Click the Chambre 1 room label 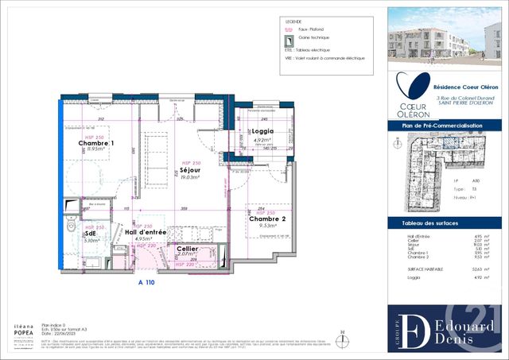pyautogui.click(x=95, y=143)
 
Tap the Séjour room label pyautogui.click(x=189, y=170)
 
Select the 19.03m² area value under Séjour pyautogui.click(x=189, y=178)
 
